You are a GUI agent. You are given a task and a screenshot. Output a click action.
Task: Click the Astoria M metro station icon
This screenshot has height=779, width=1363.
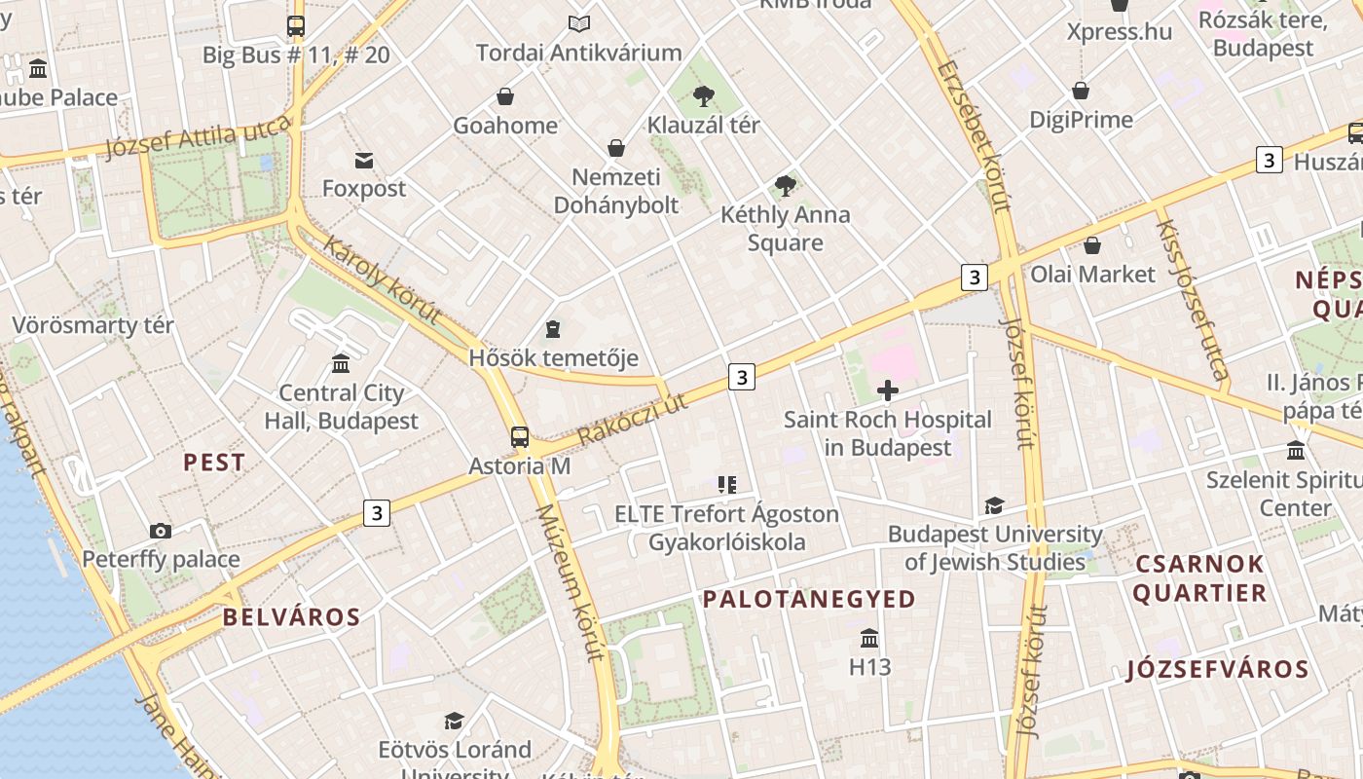(x=520, y=436)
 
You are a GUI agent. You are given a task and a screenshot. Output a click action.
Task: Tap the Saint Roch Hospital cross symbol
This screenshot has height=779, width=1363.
(x=888, y=390)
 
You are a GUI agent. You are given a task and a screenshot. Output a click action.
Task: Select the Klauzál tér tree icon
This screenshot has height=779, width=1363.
(x=703, y=95)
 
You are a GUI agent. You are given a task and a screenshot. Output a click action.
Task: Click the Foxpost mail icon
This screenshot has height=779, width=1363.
(x=364, y=160)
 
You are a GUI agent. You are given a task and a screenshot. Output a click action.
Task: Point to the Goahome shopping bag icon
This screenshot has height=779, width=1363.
(x=505, y=96)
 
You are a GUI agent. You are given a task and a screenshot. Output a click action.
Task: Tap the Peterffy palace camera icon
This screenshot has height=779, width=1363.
(x=161, y=531)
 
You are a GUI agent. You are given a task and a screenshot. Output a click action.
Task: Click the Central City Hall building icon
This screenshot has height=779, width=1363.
(x=341, y=363)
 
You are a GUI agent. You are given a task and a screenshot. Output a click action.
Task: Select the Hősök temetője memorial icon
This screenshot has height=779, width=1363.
(x=553, y=329)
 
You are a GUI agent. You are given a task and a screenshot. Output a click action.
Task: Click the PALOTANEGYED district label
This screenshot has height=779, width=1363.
(x=809, y=599)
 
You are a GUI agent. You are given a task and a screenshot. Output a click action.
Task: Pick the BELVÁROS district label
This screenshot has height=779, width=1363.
(x=291, y=617)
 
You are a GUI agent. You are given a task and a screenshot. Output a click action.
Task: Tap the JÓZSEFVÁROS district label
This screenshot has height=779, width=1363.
(x=1217, y=670)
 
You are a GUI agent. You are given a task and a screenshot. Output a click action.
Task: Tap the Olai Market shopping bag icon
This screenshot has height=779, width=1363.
(x=1092, y=245)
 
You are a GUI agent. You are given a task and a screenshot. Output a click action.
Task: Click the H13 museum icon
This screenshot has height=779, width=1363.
(x=869, y=639)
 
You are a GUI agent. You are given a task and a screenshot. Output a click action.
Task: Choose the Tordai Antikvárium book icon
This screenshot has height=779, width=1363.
(x=579, y=23)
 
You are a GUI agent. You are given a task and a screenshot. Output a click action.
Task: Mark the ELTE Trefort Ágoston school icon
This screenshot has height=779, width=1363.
(x=726, y=484)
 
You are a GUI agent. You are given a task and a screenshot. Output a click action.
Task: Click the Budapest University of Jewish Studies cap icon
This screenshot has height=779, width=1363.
(x=994, y=505)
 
